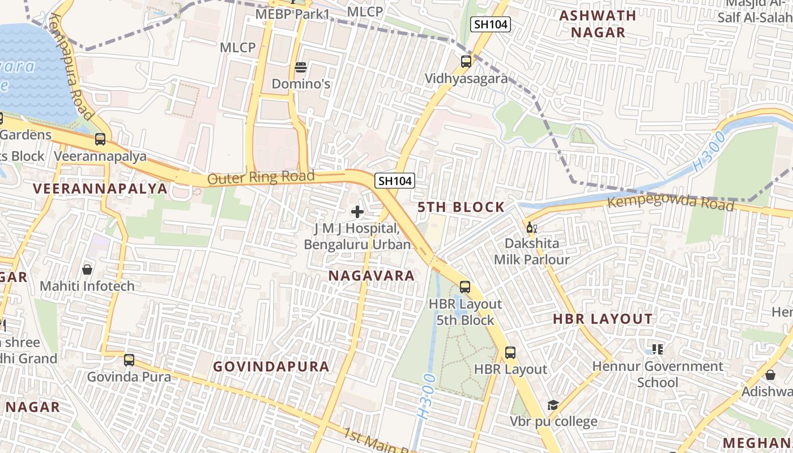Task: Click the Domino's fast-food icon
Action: (301, 68)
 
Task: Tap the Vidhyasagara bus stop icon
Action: (466, 62)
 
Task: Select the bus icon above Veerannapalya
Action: (100, 139)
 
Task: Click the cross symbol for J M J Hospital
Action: (357, 212)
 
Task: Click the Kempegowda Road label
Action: (670, 202)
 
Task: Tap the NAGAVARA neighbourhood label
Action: (372, 276)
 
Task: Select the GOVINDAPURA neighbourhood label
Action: (271, 366)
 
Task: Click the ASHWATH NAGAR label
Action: (598, 24)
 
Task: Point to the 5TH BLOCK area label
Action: (461, 207)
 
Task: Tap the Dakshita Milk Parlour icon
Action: (531, 228)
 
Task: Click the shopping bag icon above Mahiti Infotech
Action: (87, 269)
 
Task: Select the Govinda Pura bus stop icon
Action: (129, 360)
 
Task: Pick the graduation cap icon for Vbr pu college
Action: (553, 405)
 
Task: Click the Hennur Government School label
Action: (658, 374)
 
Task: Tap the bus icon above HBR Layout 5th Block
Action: (465, 287)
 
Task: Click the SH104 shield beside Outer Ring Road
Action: (395, 181)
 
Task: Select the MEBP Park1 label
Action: (292, 14)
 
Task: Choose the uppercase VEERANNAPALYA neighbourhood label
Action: (100, 189)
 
